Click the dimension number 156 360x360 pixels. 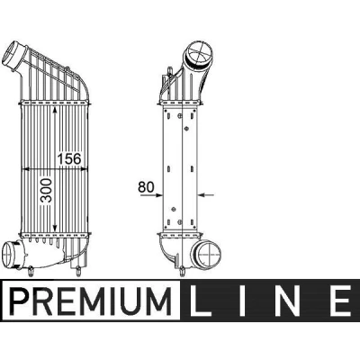pos(69,158)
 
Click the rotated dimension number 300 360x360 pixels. pos(46,191)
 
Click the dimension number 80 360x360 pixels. pos(146,187)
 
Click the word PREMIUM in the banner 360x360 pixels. pos(91,301)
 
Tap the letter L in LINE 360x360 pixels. pos(200,301)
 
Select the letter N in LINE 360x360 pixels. pos(288,301)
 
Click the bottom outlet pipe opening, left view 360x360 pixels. pos(10,254)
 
